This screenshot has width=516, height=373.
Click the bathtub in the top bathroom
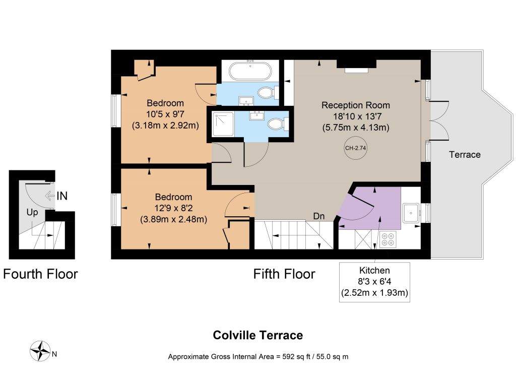pos(250,71)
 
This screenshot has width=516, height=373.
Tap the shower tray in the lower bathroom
pos(223,125)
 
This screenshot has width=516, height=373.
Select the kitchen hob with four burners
pos(388,239)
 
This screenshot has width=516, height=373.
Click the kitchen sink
pos(411,213)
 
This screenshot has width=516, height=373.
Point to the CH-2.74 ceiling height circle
pos(355,148)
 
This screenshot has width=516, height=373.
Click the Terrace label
pos(465,154)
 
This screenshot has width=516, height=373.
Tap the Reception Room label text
pos(355,105)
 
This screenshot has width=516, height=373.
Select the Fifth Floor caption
pos(284,274)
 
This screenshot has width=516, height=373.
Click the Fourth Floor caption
pos(40,274)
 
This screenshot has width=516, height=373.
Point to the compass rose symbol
pos(40,351)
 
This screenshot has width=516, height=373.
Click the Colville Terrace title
pos(257,335)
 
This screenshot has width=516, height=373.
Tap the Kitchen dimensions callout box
pos(374,282)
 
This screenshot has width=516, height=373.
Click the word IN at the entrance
pos(62,196)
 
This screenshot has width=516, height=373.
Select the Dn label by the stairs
pos(319,216)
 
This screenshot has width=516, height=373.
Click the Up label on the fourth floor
pos(32,213)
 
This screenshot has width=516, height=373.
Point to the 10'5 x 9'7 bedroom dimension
pos(165,114)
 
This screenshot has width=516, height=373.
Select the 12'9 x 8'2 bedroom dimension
pos(173,208)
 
